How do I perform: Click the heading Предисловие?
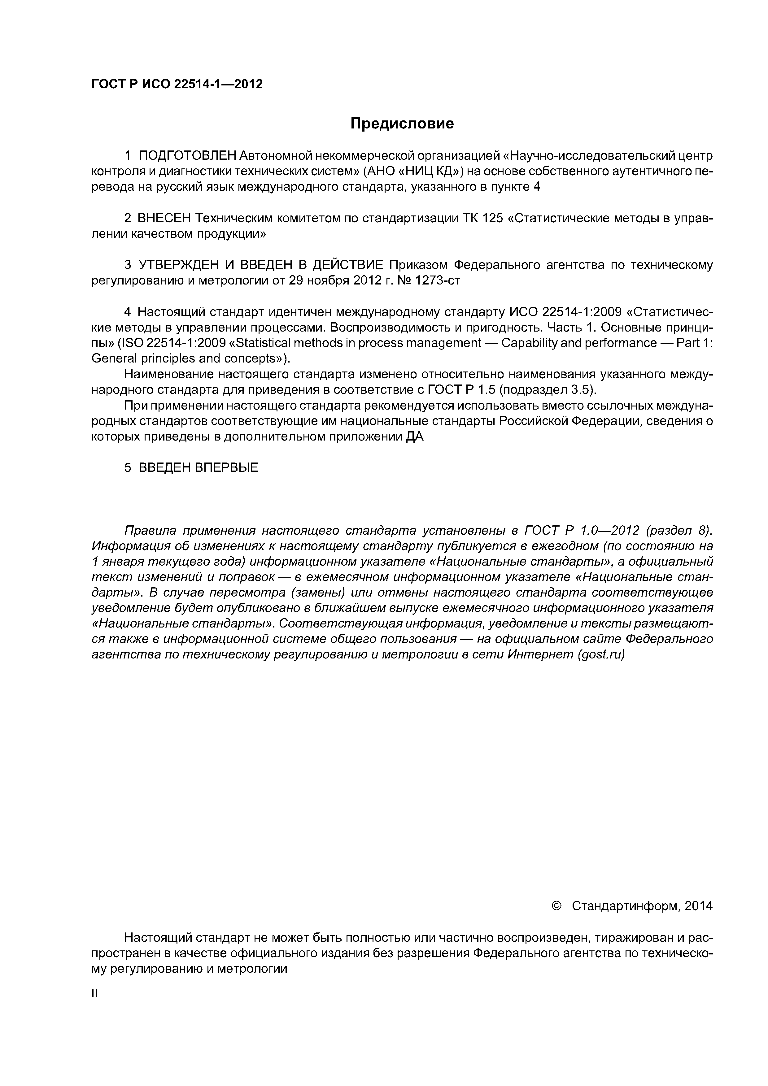(x=402, y=124)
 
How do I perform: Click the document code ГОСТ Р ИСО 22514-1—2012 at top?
(x=177, y=84)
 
